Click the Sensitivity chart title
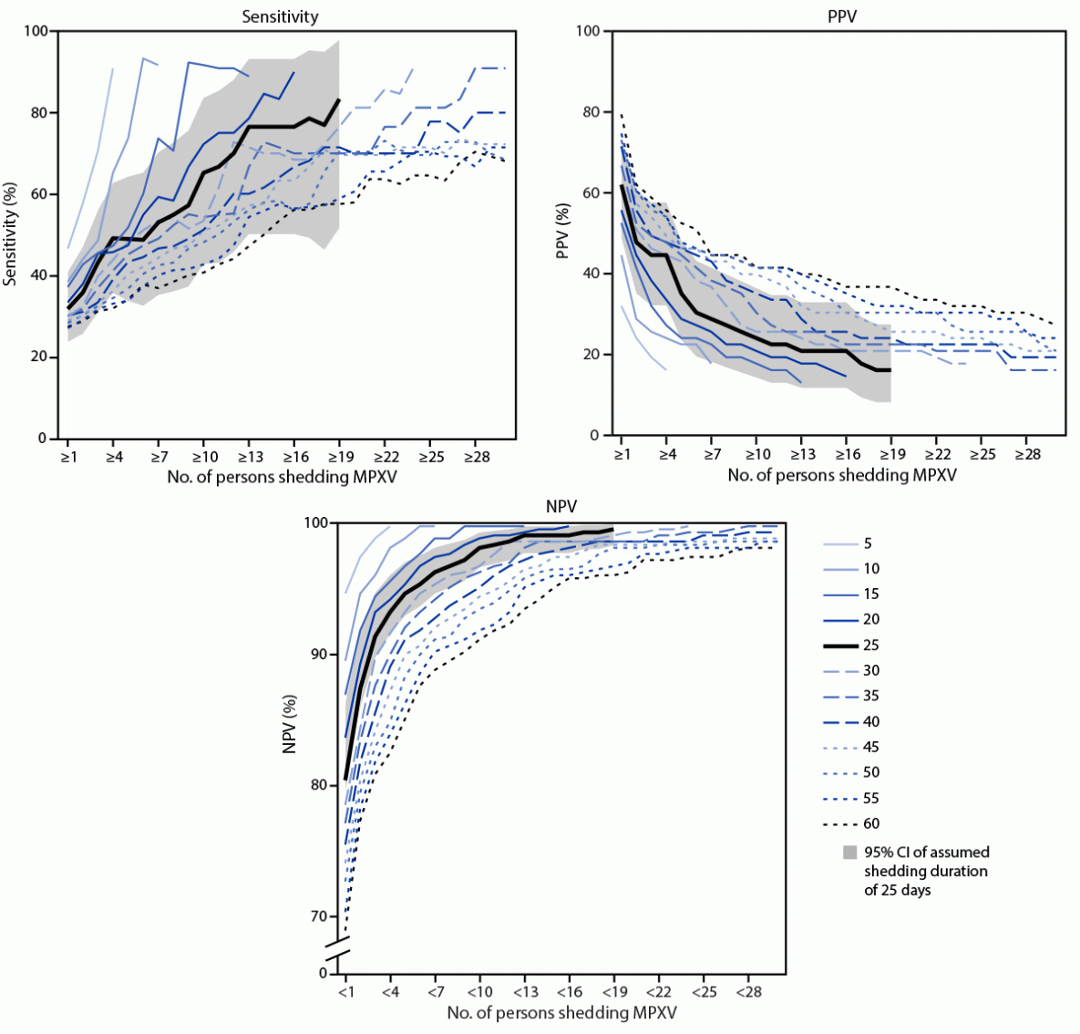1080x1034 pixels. click(281, 16)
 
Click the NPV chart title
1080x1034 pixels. click(559, 507)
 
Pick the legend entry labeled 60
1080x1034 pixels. click(871, 823)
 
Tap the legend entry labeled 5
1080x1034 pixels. click(868, 543)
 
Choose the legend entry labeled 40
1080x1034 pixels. click(871, 721)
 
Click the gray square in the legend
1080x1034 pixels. click(849, 853)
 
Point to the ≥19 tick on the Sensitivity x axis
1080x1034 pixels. click(339, 456)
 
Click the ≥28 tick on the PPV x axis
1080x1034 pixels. click(1027, 453)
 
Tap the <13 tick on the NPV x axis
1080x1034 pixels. click(525, 991)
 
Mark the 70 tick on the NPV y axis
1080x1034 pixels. click(320, 916)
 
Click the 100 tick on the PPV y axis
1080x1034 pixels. click(589, 31)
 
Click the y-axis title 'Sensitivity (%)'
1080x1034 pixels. click(11, 235)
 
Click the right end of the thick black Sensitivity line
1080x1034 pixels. click(339, 99)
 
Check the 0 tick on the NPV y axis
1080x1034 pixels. click(323, 974)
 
